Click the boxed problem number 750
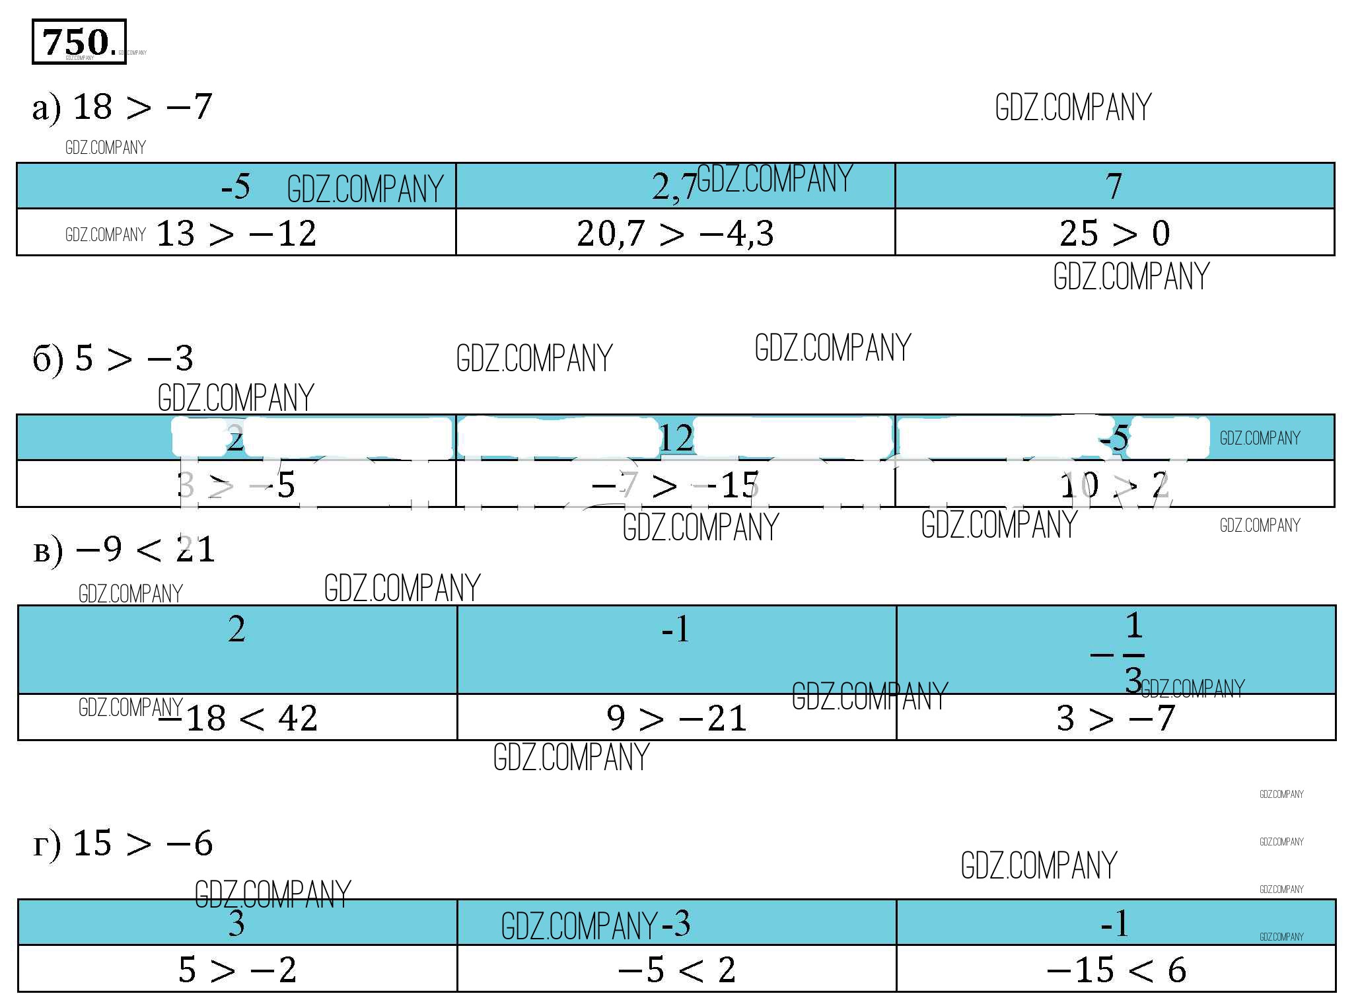click(x=79, y=42)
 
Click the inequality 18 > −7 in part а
click(x=141, y=107)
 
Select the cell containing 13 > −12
click(x=236, y=233)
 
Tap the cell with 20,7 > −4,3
click(x=675, y=233)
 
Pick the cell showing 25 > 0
click(x=1114, y=233)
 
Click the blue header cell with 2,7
click(x=675, y=186)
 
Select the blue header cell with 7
click(x=1114, y=186)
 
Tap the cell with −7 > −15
click(x=675, y=485)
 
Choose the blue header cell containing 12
click(x=676, y=438)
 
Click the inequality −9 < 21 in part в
click(x=145, y=550)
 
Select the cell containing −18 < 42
click(x=237, y=718)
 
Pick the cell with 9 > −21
click(x=676, y=718)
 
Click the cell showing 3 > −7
click(x=1116, y=718)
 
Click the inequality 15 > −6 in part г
click(x=142, y=844)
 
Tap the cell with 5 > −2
click(x=237, y=970)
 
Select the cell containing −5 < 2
click(x=676, y=970)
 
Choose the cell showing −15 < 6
click(x=1116, y=970)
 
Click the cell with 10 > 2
click(x=1114, y=485)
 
